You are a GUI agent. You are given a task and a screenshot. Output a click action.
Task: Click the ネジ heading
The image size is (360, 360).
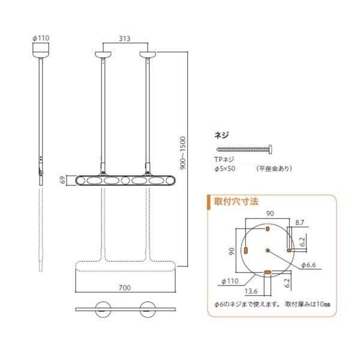[221, 136]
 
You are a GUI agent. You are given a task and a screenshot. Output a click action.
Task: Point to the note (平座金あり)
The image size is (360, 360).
[274, 169]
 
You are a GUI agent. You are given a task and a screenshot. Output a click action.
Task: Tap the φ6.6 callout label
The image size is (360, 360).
[308, 264]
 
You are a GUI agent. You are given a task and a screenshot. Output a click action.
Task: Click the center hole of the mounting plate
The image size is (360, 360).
[267, 249]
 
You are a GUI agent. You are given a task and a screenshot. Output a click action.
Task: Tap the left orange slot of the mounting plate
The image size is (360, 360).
[245, 249]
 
